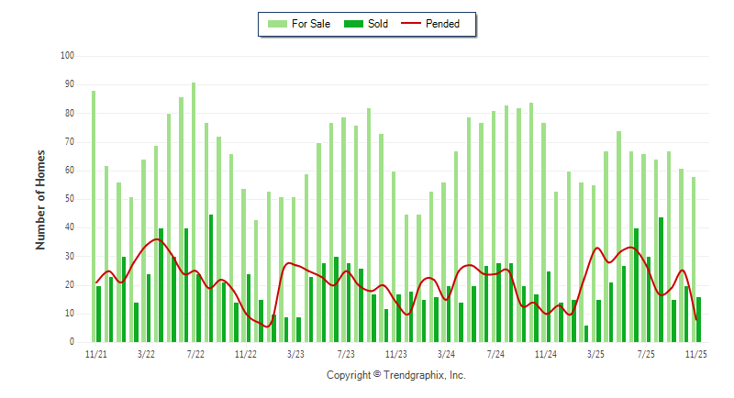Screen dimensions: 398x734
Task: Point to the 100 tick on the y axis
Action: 68,56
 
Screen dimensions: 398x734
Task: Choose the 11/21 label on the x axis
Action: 95,353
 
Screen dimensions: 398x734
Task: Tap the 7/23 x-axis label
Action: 346,353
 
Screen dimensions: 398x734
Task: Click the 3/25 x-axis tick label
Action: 595,353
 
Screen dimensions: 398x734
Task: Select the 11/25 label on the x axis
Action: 696,353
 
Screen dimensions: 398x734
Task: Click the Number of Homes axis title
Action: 41,199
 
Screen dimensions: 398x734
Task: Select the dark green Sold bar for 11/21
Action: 99,314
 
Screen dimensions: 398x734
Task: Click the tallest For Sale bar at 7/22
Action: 194,212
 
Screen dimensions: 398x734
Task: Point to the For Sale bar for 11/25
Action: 694,259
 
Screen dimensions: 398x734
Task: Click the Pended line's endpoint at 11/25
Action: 697,319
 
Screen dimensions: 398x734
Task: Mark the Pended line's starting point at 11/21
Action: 95,282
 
